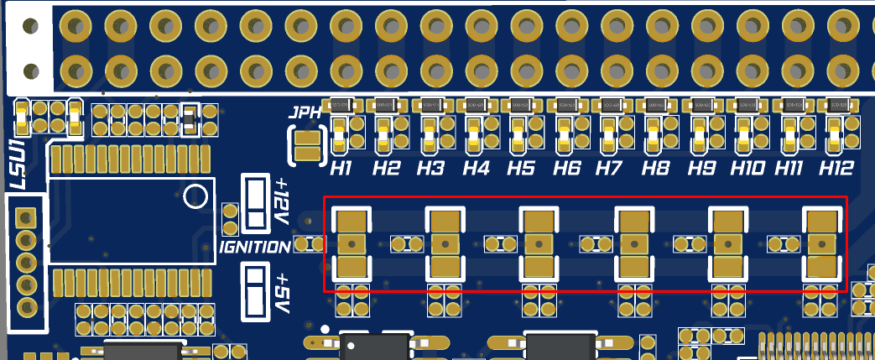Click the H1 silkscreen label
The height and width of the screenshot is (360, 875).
coord(340,169)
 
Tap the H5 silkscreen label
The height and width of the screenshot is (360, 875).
coord(521,169)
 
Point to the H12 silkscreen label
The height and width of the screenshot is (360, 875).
coord(836,169)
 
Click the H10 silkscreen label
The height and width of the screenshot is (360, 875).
coord(747,169)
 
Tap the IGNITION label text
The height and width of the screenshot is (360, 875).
coord(255,248)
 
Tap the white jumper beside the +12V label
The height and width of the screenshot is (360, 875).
coord(254,204)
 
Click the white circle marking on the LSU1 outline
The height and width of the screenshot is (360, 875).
coord(196,196)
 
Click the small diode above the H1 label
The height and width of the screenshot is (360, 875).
coord(340,105)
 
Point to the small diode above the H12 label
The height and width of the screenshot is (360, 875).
coord(836,105)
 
